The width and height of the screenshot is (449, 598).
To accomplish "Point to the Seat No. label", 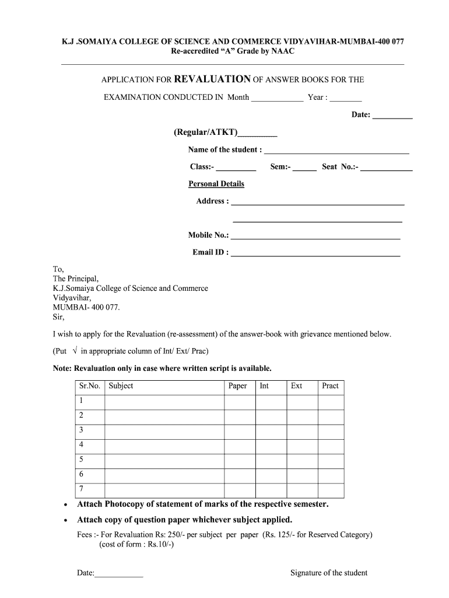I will click(340, 167).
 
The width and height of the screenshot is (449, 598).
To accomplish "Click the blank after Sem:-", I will click(304, 169).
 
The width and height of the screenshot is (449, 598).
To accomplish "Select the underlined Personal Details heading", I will click(216, 184).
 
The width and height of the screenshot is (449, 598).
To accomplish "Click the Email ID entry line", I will click(315, 255).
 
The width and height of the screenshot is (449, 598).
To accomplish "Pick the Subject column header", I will click(121, 386).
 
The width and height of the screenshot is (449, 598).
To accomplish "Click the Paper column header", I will click(237, 386).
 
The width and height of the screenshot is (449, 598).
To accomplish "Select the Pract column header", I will click(330, 386).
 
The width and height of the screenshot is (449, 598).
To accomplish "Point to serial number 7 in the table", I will click(81, 489).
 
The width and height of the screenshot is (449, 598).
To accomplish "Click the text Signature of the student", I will click(329, 573).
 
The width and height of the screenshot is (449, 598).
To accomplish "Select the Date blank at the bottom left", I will click(118, 575).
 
